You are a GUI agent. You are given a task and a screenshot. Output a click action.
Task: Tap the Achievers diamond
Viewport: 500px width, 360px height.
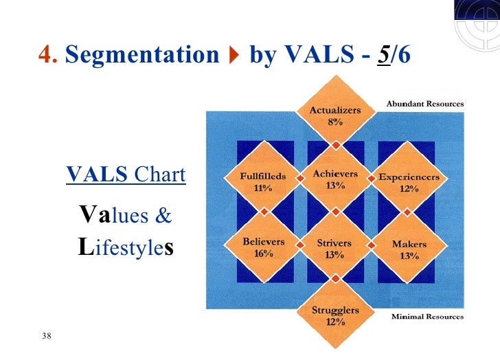335,179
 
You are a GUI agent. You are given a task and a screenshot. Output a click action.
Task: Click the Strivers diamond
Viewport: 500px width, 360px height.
335,248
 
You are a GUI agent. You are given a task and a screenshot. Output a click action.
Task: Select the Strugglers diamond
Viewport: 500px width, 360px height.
335,315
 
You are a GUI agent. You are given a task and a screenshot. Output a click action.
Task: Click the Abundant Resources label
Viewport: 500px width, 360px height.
424,104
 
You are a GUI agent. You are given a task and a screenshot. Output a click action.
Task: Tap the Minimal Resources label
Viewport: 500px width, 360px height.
427,317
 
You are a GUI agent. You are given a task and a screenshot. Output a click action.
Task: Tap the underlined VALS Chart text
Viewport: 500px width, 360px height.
126,175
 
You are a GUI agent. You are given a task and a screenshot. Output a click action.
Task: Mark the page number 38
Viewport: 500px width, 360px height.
47,336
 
